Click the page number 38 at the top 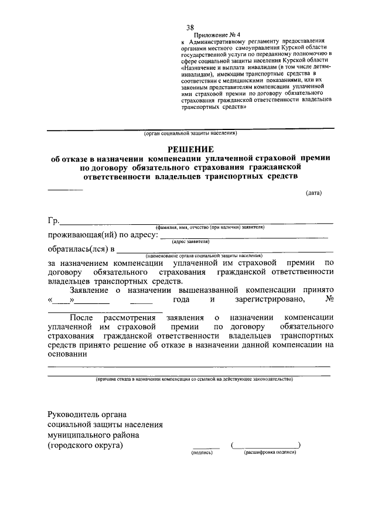pos(190,28)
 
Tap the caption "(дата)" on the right pos(313,193)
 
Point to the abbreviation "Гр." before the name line pos(53,221)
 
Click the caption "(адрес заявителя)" pos(191,241)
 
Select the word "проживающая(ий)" pos(81,235)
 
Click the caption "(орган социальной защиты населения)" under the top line pos(190,134)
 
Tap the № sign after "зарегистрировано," pos(329,300)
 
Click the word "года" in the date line pos(180,300)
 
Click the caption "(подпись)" pos(202,453)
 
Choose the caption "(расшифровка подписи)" pos(270,453)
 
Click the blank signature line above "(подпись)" pos(206,447)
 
